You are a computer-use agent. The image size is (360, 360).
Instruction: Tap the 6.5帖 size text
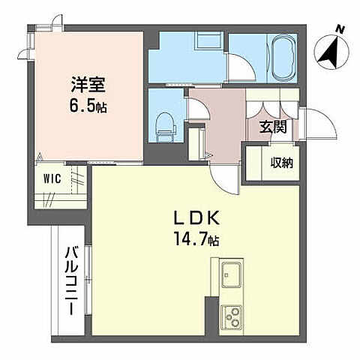pyautogui.click(x=85, y=106)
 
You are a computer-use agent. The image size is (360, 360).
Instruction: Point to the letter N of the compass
pyautogui.click(x=340, y=29)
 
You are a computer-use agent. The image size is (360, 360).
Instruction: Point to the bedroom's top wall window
pyautogui.click(x=43, y=28)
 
